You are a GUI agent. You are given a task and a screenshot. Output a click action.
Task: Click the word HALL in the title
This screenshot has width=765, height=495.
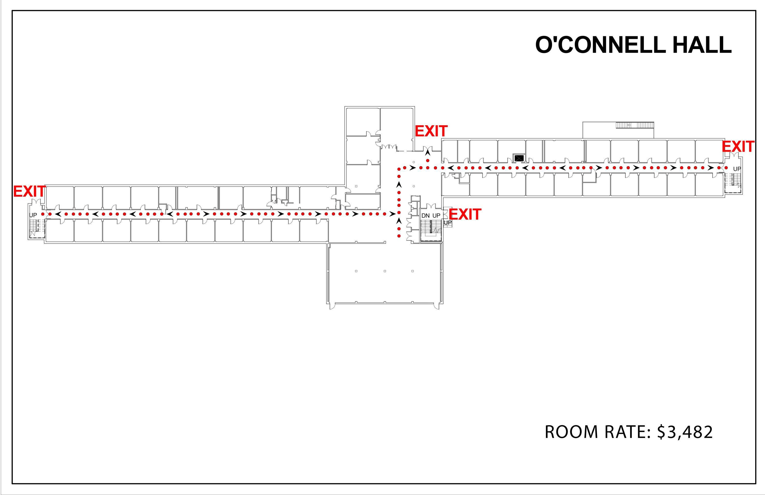[702, 45]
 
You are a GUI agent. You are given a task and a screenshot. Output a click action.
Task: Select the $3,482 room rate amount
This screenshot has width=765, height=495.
[685, 432]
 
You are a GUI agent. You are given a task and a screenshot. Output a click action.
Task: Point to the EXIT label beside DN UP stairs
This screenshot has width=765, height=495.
[465, 215]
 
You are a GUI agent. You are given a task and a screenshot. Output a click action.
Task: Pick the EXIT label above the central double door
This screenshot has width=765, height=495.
[431, 131]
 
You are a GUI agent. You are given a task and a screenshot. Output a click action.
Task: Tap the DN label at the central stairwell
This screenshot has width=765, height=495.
[425, 216]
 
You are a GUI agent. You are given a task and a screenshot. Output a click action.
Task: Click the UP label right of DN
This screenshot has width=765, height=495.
[436, 216]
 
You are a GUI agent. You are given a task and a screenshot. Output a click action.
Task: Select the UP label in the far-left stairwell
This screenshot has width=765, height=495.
[33, 215]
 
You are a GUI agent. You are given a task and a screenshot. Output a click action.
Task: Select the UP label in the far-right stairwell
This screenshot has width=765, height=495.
[737, 169]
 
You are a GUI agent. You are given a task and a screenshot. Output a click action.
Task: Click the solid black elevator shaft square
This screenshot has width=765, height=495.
[519, 158]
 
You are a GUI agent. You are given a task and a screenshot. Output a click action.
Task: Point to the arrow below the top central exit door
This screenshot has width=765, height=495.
[428, 153]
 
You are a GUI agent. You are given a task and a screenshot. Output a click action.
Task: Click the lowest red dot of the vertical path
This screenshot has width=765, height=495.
[399, 236]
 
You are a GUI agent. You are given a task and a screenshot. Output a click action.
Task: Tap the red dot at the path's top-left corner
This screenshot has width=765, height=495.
[399, 168]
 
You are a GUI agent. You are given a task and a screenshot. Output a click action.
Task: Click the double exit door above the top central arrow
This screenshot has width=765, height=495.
[428, 148]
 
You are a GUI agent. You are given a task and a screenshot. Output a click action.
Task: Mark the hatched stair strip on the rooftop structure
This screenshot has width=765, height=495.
[635, 125]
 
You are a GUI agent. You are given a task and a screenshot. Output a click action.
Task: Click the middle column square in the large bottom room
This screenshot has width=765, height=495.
[385, 271]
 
